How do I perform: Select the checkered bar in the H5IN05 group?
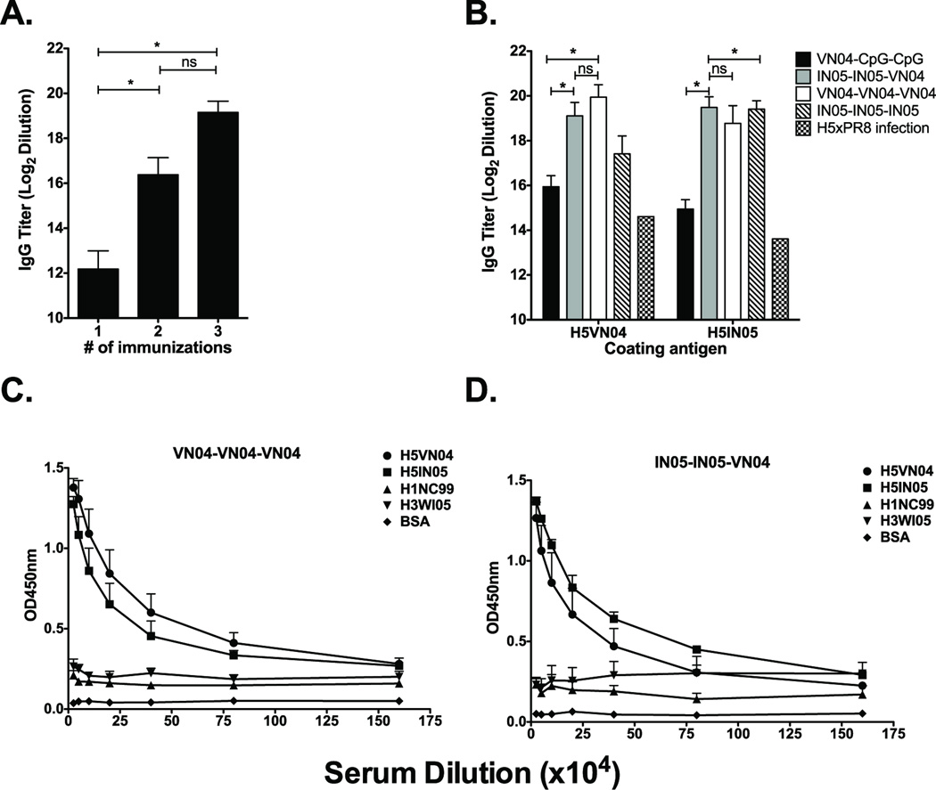(780, 278)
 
